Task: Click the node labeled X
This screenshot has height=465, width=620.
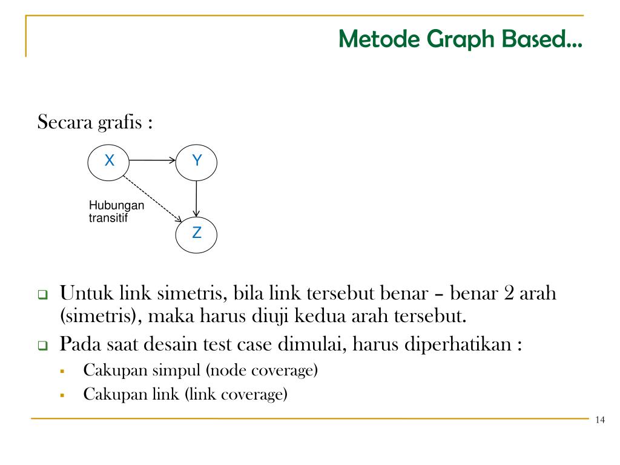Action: coord(109,161)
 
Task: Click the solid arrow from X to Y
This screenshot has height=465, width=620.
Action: coord(152,161)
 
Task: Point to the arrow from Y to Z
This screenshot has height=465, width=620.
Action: coord(196,198)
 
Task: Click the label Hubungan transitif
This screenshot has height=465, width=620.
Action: coord(116,212)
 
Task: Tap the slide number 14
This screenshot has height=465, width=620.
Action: coord(600,421)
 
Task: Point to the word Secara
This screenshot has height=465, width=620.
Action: coord(65,122)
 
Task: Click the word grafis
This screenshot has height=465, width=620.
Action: coord(119,122)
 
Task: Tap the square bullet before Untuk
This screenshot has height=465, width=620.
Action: coord(43,295)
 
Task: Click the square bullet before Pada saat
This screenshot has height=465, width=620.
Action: coord(43,346)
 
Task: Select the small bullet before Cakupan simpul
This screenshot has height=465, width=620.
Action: coord(62,370)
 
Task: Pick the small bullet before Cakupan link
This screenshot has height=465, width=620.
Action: coord(62,395)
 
